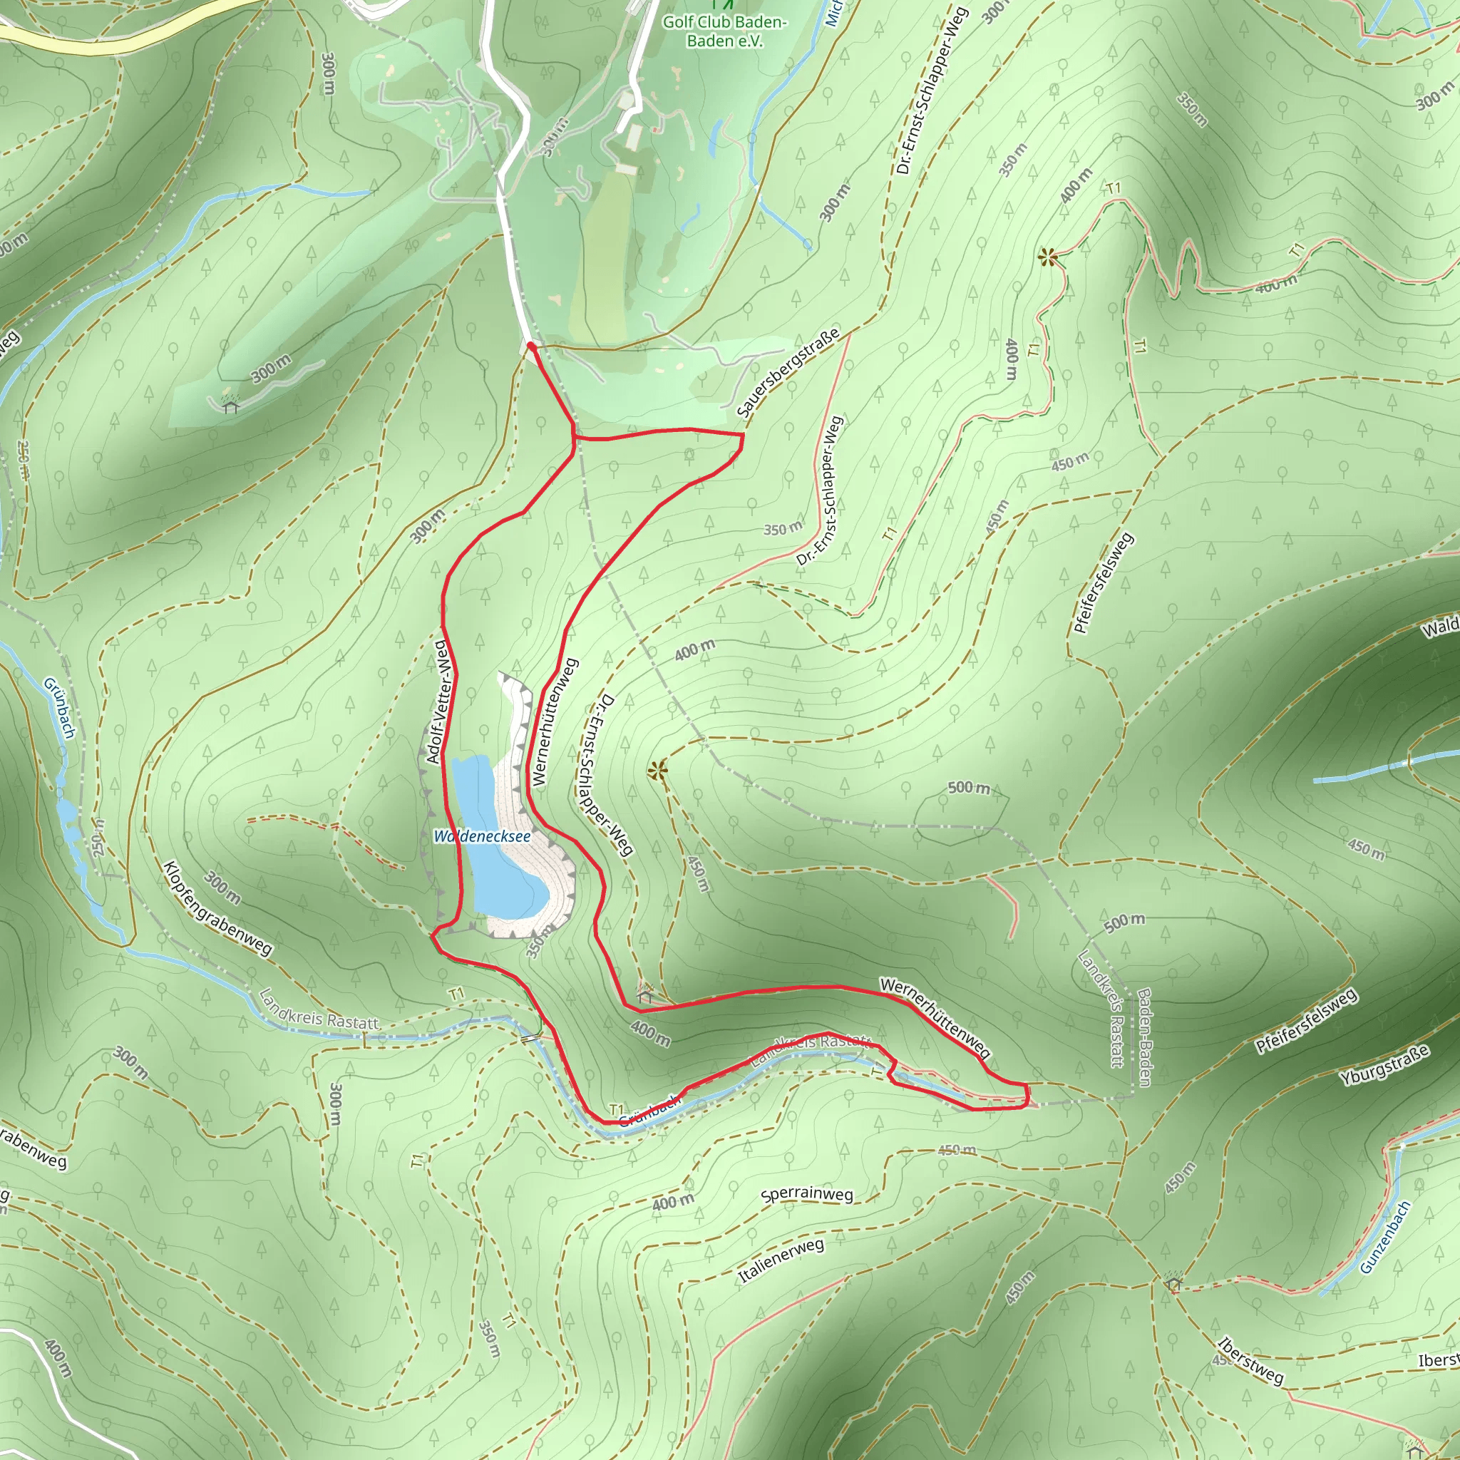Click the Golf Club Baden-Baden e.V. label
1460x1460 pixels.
725,31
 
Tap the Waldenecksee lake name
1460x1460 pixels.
482,836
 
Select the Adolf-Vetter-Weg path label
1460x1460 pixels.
439,702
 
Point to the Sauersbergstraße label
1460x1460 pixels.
788,373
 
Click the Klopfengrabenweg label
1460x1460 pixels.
217,908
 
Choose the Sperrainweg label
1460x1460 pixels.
806,1194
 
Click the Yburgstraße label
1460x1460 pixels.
1384,1065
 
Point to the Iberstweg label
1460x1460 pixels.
1250,1361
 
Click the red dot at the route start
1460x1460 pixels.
531,346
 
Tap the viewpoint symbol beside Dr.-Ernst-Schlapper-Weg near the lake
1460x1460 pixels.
657,771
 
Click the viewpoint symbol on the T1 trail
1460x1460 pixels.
1047,257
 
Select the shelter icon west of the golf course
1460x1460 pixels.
230,406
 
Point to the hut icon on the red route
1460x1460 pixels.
644,995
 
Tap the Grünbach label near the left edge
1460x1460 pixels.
60,707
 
